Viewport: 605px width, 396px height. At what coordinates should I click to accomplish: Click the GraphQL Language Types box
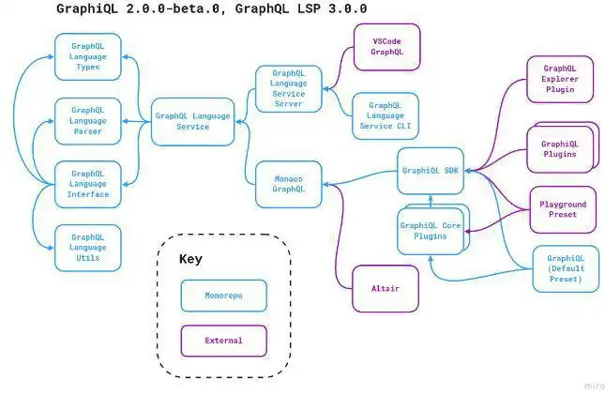click(88, 56)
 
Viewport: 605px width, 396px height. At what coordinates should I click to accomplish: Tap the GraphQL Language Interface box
click(88, 184)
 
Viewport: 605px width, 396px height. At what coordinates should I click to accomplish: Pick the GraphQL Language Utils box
click(88, 247)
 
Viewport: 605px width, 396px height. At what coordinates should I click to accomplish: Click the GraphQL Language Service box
click(193, 121)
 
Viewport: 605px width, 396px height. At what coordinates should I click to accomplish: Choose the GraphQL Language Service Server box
click(289, 90)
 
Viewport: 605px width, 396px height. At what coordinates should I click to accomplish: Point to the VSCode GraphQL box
click(386, 48)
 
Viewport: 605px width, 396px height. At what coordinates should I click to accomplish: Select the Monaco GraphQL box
click(289, 184)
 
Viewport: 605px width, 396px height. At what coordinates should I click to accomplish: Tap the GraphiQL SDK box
click(431, 171)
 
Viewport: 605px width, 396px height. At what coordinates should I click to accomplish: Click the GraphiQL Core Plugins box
click(430, 231)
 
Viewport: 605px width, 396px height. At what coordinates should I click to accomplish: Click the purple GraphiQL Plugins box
click(560, 149)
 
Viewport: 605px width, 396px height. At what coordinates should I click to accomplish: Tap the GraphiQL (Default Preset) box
click(566, 268)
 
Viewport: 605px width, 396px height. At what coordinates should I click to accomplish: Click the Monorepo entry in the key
click(223, 296)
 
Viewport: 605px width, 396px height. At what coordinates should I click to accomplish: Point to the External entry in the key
click(223, 341)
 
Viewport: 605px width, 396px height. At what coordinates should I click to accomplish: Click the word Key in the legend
click(190, 259)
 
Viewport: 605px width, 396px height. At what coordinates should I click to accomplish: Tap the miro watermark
click(582, 385)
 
